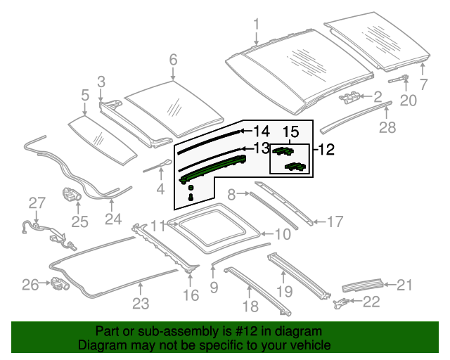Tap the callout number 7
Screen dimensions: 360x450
coord(423,85)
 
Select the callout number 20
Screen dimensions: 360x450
coord(408,101)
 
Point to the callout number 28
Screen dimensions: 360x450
coord(387,127)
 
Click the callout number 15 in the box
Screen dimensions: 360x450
coord(290,131)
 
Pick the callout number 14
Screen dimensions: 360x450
coord(261,131)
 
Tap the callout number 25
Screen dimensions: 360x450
coord(79,222)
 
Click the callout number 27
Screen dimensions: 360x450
coord(37,202)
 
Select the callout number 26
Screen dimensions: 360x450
coord(30,285)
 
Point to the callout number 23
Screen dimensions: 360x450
coord(141,303)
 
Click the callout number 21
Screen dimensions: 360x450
coord(404,284)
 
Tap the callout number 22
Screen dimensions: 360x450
coord(371,302)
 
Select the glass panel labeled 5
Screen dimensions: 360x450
coord(101,140)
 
